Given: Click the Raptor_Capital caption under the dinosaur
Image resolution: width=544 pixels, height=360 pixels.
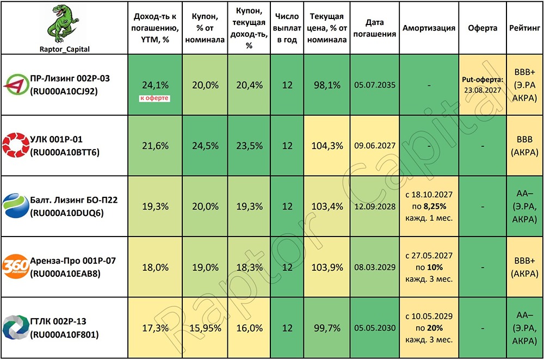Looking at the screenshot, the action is coord(65,49).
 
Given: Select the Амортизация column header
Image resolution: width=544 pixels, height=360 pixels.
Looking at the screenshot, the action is coord(429,28).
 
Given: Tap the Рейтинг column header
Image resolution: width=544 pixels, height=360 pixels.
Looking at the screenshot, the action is coord(524,28).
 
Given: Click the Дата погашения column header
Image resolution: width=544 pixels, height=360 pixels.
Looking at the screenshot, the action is coord(375,28).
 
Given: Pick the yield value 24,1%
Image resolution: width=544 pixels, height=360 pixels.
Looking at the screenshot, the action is coord(155,85).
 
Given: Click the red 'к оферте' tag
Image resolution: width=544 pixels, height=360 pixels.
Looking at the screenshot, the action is coord(154,98).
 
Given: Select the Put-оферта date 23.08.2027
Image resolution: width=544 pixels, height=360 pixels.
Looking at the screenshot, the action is coord(483,90).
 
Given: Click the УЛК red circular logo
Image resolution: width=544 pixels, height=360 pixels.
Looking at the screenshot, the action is coord(16,145).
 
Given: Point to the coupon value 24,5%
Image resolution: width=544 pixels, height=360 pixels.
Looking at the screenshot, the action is coord(206,146).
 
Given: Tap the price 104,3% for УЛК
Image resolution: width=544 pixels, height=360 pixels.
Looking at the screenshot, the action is coord(327,146).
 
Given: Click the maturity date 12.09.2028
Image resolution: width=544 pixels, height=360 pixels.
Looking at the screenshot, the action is coord(375,206).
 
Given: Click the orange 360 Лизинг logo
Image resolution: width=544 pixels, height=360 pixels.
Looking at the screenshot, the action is coord(16,266).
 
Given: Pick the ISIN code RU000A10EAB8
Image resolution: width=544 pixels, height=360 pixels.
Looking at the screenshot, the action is coord(65,274).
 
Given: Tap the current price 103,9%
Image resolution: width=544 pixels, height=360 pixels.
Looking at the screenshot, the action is coord(327,268).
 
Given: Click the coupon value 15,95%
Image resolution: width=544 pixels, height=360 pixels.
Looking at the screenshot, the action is coord(206,328).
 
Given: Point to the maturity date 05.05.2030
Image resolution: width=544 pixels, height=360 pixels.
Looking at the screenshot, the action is coord(375,328).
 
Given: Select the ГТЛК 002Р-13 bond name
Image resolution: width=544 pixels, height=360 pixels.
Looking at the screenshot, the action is coord(58,321).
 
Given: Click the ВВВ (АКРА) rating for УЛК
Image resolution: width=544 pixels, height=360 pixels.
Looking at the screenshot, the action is coord(524,146).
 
